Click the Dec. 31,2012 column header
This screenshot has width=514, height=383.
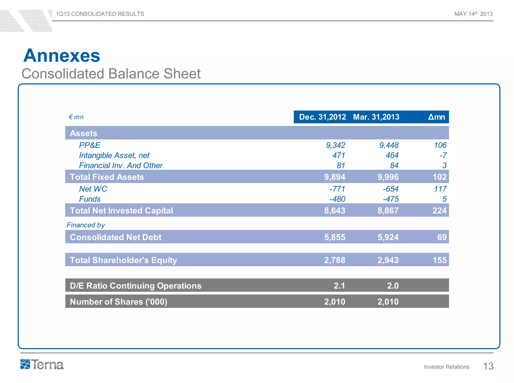tap(323, 117)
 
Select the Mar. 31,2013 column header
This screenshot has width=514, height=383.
tap(376, 117)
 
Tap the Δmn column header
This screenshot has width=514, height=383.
tap(436, 117)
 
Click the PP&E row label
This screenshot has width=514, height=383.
tap(90, 145)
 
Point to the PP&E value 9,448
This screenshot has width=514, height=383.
tap(389, 145)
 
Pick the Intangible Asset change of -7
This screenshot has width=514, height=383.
tap(443, 156)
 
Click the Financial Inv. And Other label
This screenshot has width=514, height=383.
tap(121, 166)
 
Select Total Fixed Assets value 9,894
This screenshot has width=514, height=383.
tap(335, 177)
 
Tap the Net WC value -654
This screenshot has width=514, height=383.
tap(391, 189)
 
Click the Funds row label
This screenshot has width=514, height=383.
tap(90, 199)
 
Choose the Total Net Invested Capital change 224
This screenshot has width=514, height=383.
tap(439, 211)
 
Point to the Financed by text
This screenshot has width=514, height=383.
tap(86, 225)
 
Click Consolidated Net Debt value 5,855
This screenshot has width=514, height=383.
tap(335, 237)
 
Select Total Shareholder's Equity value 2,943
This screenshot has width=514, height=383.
tap(388, 260)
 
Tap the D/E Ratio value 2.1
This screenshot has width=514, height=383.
tap(339, 286)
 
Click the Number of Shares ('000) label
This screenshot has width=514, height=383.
tap(118, 302)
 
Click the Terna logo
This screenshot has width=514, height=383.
tap(42, 364)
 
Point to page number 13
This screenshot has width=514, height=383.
tap(488, 366)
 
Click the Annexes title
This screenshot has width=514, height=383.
tap(62, 55)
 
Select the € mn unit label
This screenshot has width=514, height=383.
tap(76, 117)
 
